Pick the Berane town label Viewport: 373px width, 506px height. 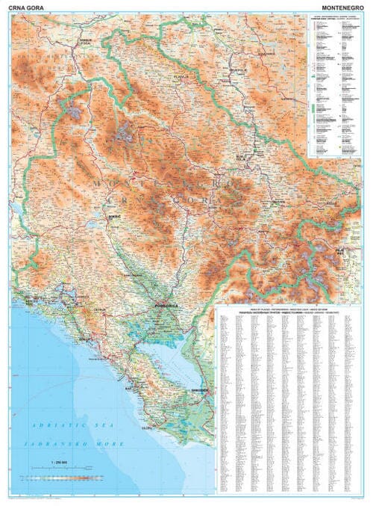tap(279, 201)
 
